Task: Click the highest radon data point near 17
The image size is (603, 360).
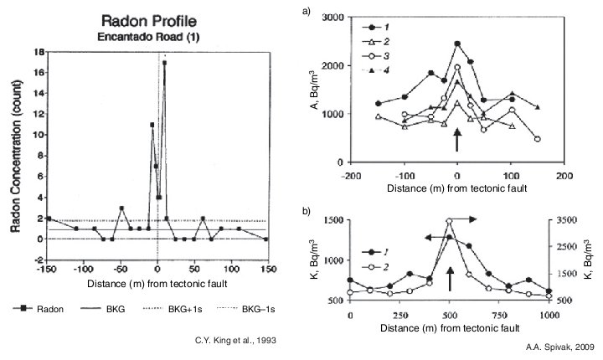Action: (x=165, y=62)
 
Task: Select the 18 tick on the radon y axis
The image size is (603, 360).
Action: (x=39, y=51)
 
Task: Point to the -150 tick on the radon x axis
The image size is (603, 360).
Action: (x=49, y=270)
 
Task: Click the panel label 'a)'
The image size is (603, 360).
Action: (x=307, y=11)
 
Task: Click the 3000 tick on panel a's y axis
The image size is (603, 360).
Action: (x=332, y=18)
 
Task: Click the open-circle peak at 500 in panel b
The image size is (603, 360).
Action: (x=450, y=221)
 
